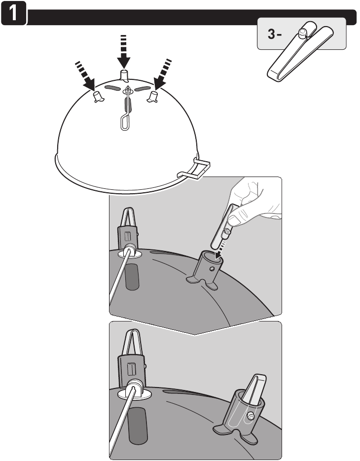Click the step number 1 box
[x=13, y=13]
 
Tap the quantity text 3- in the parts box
[x=274, y=35]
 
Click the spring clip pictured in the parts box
[x=300, y=51]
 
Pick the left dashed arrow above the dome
[x=85, y=75]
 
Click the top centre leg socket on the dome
[x=125, y=75]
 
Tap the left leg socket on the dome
[x=98, y=97]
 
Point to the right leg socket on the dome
[x=152, y=97]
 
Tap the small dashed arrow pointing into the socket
[x=220, y=249]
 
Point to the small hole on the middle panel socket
[x=212, y=269]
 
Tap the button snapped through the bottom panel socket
[x=251, y=416]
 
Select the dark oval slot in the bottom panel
[x=138, y=425]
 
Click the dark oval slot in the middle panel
[x=132, y=277]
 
